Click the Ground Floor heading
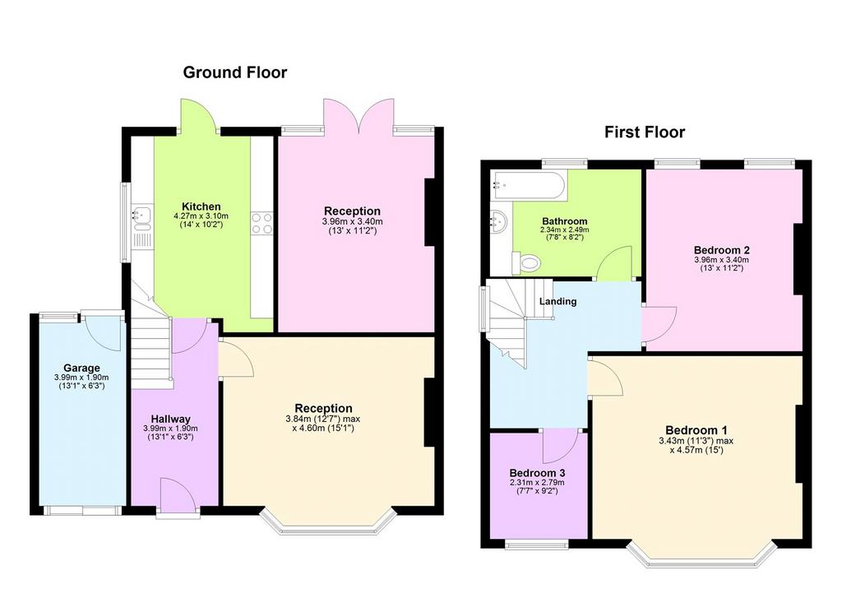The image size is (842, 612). pos(234,72)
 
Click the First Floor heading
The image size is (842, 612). pos(645,132)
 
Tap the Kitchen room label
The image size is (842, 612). pos(201,206)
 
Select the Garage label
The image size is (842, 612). pos(81,368)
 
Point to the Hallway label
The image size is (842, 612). pos(170,419)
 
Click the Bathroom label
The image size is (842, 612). pos(564,220)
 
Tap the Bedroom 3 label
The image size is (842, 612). pos(537,473)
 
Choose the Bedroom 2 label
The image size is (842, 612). pos(722,250)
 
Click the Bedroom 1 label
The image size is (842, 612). pos(696,430)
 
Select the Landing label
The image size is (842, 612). pos(558,301)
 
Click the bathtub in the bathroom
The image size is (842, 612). pos(529,185)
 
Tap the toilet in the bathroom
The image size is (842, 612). pos(526,262)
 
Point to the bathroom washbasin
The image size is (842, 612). pos(499,220)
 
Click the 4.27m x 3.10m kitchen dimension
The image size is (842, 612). pos(201,216)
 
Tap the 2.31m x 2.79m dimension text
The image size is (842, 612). pos(537,483)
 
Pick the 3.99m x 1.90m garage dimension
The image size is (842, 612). pos(81,378)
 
